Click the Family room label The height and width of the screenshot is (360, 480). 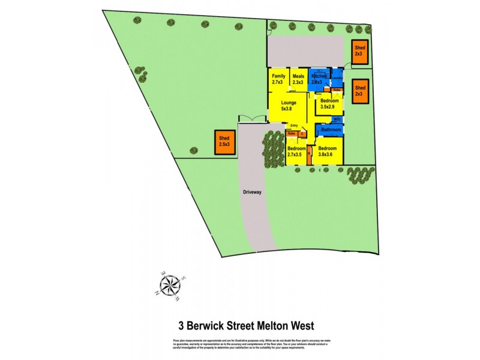coord(278,79)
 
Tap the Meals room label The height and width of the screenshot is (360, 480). coord(298,79)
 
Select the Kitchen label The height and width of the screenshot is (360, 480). coord(318,79)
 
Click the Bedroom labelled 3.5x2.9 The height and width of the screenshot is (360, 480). coord(329,103)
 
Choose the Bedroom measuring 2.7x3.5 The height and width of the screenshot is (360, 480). coord(296,151)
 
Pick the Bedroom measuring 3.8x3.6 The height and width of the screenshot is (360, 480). coord(328,151)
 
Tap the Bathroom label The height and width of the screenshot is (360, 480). coord(331,130)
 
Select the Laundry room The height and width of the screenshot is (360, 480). coord(336,78)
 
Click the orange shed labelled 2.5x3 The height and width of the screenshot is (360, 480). coord(224,142)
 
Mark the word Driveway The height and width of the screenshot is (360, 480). coord(253,193)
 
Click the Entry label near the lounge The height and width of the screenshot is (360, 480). coord(294,125)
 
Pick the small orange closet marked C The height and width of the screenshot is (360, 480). coord(304,134)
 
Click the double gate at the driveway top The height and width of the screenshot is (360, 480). coord(252,118)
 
